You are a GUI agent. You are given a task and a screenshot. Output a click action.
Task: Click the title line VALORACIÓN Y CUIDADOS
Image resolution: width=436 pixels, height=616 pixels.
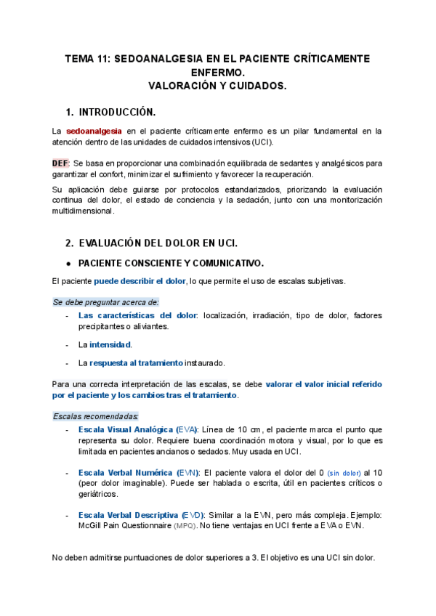click(218, 85)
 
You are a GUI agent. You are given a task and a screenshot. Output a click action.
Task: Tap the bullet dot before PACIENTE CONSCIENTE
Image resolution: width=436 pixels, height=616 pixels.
click(68, 263)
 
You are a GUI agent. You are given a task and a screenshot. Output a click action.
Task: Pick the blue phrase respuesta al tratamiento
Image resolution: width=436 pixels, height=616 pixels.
click(136, 362)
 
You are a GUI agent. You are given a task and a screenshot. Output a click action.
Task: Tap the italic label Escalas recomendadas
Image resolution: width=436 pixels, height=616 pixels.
click(96, 416)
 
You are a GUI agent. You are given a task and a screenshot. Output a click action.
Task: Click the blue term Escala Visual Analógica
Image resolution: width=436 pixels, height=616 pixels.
click(125, 430)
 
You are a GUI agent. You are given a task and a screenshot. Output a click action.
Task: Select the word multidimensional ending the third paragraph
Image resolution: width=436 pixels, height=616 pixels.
click(84, 211)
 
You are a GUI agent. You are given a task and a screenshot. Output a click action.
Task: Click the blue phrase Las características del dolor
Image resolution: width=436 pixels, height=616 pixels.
click(137, 316)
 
